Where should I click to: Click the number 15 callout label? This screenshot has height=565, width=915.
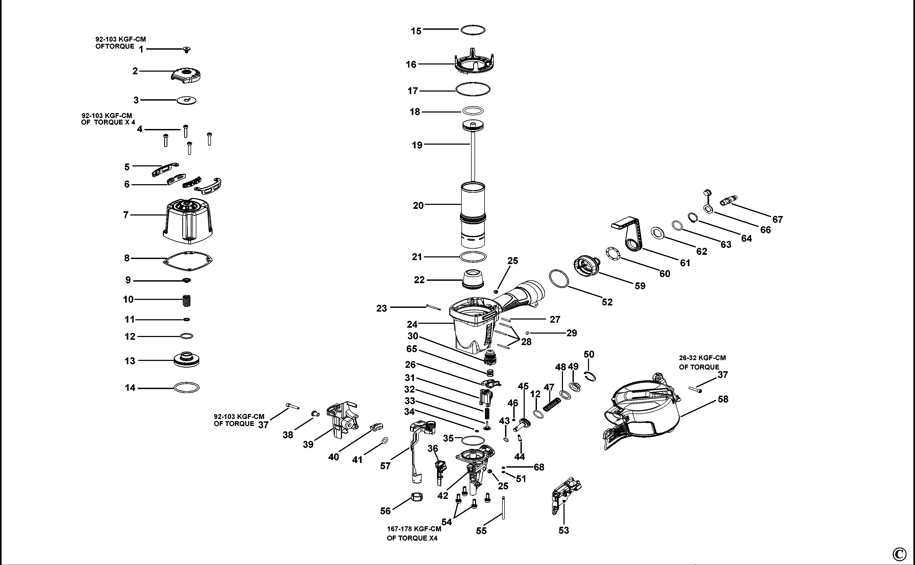pos(416,31)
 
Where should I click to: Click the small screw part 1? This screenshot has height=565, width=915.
pos(186,49)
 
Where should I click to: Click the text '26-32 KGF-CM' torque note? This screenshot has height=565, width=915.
pos(702,358)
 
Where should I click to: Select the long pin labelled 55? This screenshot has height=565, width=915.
pos(503,508)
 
